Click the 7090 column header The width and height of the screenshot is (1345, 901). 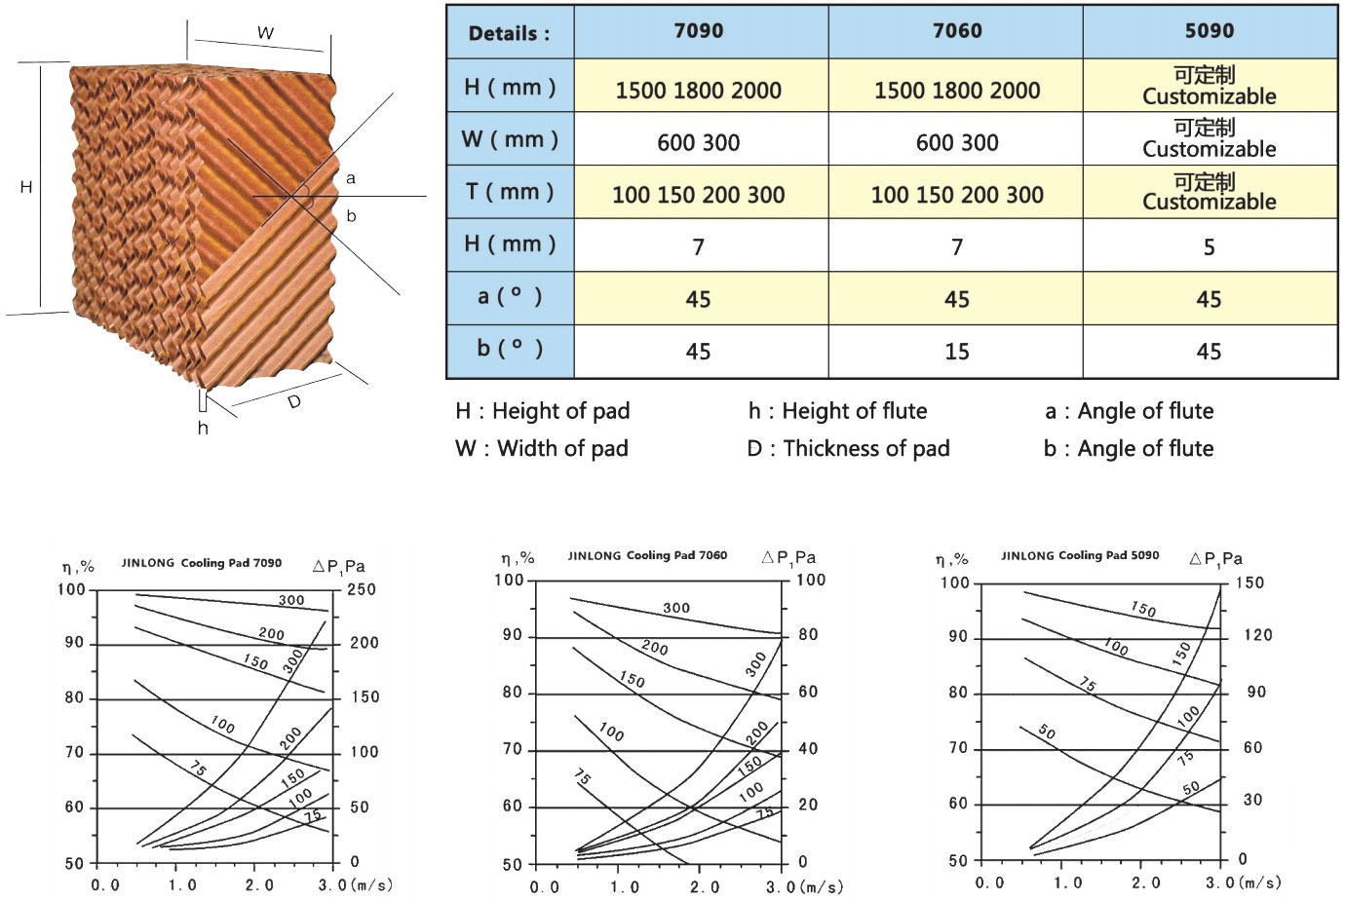click(x=699, y=31)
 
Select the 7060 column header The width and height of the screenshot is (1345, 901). click(x=957, y=31)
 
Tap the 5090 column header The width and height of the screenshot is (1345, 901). click(x=1209, y=31)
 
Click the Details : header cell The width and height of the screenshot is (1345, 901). click(x=509, y=33)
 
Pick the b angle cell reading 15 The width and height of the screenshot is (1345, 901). click(x=957, y=352)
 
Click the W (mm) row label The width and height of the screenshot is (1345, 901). click(x=509, y=139)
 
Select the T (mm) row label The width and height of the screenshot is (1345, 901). click(x=509, y=192)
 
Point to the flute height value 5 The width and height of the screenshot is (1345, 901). click(x=1209, y=247)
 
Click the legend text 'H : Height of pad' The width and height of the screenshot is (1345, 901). click(x=542, y=411)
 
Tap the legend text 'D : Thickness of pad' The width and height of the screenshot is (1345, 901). click(x=848, y=448)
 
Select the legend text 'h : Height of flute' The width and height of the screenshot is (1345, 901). click(x=837, y=411)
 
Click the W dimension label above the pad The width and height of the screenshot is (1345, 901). click(x=265, y=33)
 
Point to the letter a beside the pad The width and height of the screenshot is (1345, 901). click(x=351, y=178)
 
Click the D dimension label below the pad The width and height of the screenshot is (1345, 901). click(x=294, y=401)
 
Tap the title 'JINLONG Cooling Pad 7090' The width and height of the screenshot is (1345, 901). click(x=202, y=563)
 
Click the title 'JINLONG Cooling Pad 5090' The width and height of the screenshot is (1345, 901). click(x=1080, y=555)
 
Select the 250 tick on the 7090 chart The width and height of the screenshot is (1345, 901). click(x=362, y=589)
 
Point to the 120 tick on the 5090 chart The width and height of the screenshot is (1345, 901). click(x=1257, y=635)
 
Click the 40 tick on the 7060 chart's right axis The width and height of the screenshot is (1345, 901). click(x=808, y=748)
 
